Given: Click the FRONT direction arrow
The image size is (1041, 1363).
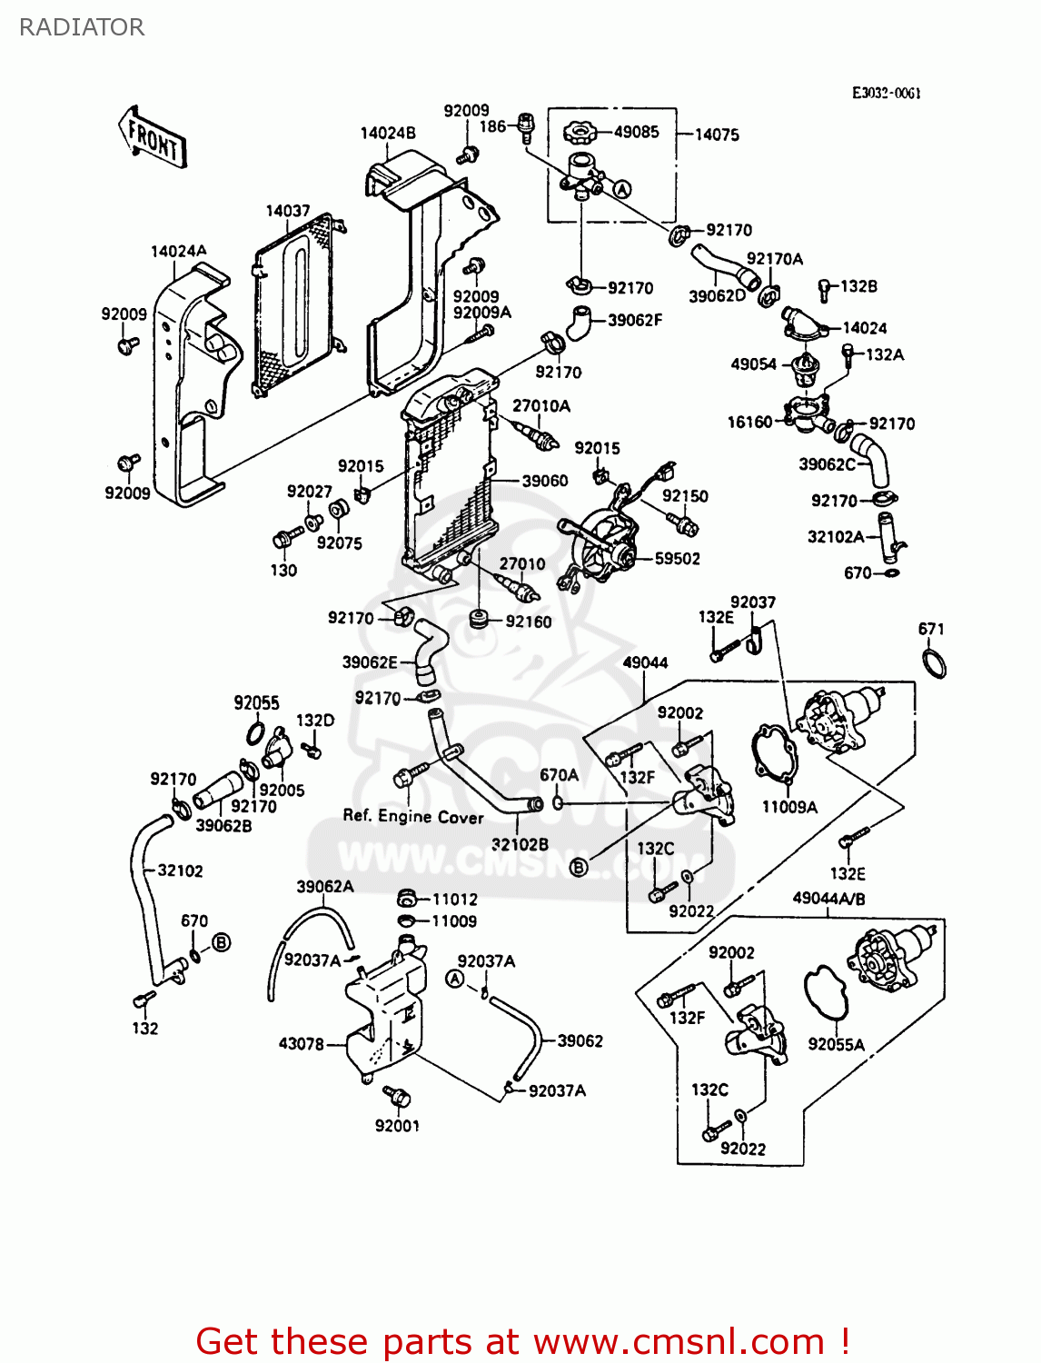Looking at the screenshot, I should (x=153, y=139).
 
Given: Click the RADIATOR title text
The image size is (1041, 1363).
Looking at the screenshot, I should (x=82, y=27).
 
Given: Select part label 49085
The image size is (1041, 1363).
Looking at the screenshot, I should (x=636, y=132).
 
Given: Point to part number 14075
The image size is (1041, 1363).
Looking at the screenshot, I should (x=717, y=134).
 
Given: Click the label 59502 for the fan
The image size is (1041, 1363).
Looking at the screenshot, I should (x=677, y=559).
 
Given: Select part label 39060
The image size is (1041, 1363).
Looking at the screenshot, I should (x=545, y=481).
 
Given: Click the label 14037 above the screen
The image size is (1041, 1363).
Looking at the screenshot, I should (x=288, y=211).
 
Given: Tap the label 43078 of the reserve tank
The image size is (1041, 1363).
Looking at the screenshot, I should (x=301, y=1044).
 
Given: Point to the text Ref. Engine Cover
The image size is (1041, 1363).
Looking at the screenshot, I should (x=413, y=816).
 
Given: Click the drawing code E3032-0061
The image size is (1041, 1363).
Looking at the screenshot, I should (x=887, y=93).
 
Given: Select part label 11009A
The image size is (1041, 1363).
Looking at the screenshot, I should (x=789, y=807).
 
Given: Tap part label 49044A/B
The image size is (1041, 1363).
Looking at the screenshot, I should (x=828, y=899).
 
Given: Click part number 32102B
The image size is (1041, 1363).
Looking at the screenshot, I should (x=520, y=844).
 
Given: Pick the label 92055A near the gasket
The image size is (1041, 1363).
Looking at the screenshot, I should (x=836, y=1045).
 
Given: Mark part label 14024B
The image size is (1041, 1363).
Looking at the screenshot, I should (x=388, y=133).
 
